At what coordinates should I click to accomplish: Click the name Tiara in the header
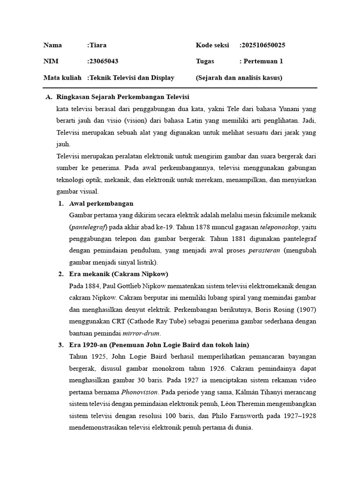[x=98, y=45]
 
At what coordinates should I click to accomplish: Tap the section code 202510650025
[x=263, y=45]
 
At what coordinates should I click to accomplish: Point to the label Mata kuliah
[x=62, y=77]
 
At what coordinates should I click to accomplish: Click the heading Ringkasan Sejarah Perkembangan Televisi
[x=122, y=97]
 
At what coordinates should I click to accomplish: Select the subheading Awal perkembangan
[x=101, y=203]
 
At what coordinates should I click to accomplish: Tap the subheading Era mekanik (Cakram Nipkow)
[x=119, y=274]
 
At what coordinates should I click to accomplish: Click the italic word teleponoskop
[x=279, y=227]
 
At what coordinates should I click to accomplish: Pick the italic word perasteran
[x=264, y=250]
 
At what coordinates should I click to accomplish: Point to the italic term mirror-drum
[x=142, y=333]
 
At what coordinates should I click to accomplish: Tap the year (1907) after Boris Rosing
[x=303, y=310]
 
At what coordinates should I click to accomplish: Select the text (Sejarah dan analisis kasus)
[x=239, y=77]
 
